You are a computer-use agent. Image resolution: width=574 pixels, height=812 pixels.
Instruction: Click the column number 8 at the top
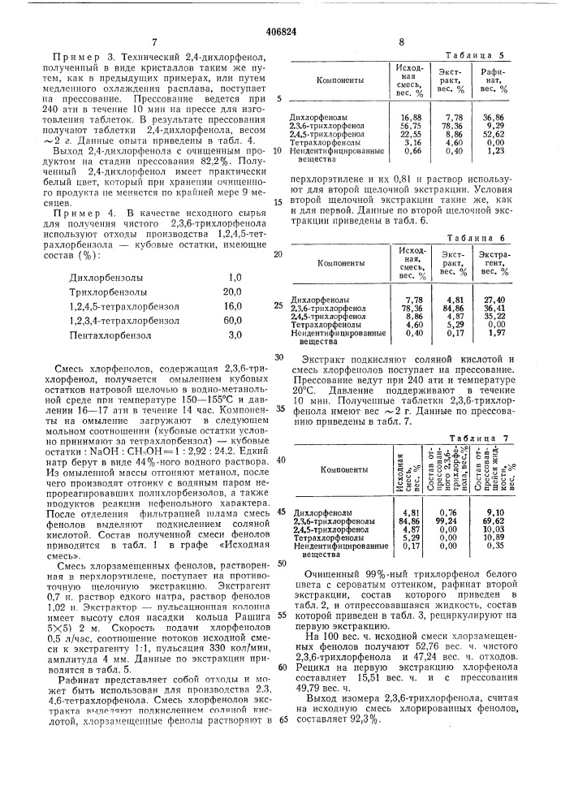coord(400,41)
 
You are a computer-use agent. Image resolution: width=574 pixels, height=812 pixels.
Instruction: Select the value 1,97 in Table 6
coord(496,331)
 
